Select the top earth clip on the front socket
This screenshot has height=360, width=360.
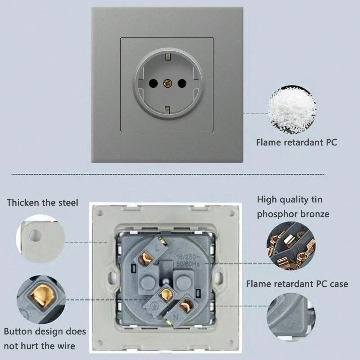coord(167,56)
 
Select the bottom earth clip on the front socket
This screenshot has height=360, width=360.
coord(167,110)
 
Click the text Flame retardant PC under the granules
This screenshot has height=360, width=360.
coord(296,142)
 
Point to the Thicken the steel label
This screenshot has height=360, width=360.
coord(42,202)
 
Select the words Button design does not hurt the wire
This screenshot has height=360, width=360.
coord(45,339)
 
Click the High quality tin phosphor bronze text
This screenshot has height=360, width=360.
coord(293,207)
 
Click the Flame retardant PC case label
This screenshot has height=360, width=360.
coord(297,284)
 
